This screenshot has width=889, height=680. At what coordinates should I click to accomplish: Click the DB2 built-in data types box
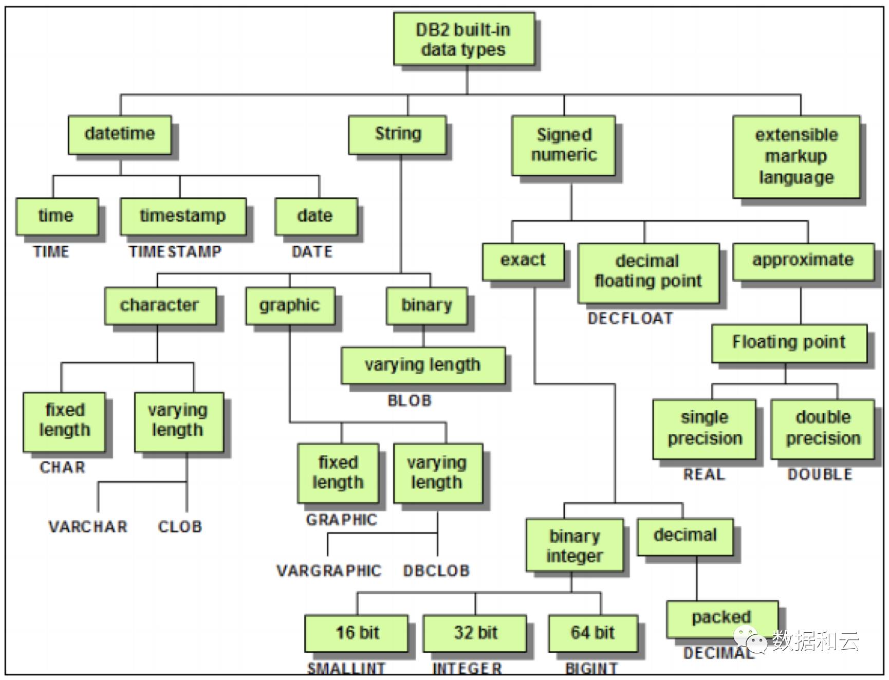pos(464,39)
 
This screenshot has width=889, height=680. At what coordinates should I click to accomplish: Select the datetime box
pos(120,135)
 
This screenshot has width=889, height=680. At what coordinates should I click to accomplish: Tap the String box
pos(397,135)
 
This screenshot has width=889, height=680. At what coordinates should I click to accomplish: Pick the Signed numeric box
pos(563,145)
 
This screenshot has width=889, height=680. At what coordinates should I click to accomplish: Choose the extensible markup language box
pos(796,157)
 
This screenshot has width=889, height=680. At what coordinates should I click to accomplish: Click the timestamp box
pos(183,216)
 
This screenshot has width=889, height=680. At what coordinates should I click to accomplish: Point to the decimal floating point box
pos(648,273)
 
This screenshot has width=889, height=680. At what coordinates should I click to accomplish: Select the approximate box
pos(803,262)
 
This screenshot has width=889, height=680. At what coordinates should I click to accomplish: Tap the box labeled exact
pos(523,262)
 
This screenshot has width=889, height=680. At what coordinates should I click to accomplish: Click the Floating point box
pos(789,343)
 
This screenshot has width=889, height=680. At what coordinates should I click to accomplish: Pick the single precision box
pos(704,429)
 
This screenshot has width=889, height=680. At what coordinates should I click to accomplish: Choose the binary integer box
pos(575,545)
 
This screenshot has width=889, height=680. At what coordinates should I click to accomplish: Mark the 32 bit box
pos(475,633)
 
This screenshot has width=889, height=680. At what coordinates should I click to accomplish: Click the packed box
pos(722,619)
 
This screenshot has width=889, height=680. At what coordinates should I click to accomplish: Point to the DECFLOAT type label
pos(630,319)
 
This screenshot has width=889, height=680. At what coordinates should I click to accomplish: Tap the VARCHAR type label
pos(88,527)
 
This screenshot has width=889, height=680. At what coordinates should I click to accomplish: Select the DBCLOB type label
pos(436,571)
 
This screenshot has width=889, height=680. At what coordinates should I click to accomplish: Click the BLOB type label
pos(410,400)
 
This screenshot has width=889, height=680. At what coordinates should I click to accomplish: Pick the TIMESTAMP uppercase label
pos(175,252)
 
